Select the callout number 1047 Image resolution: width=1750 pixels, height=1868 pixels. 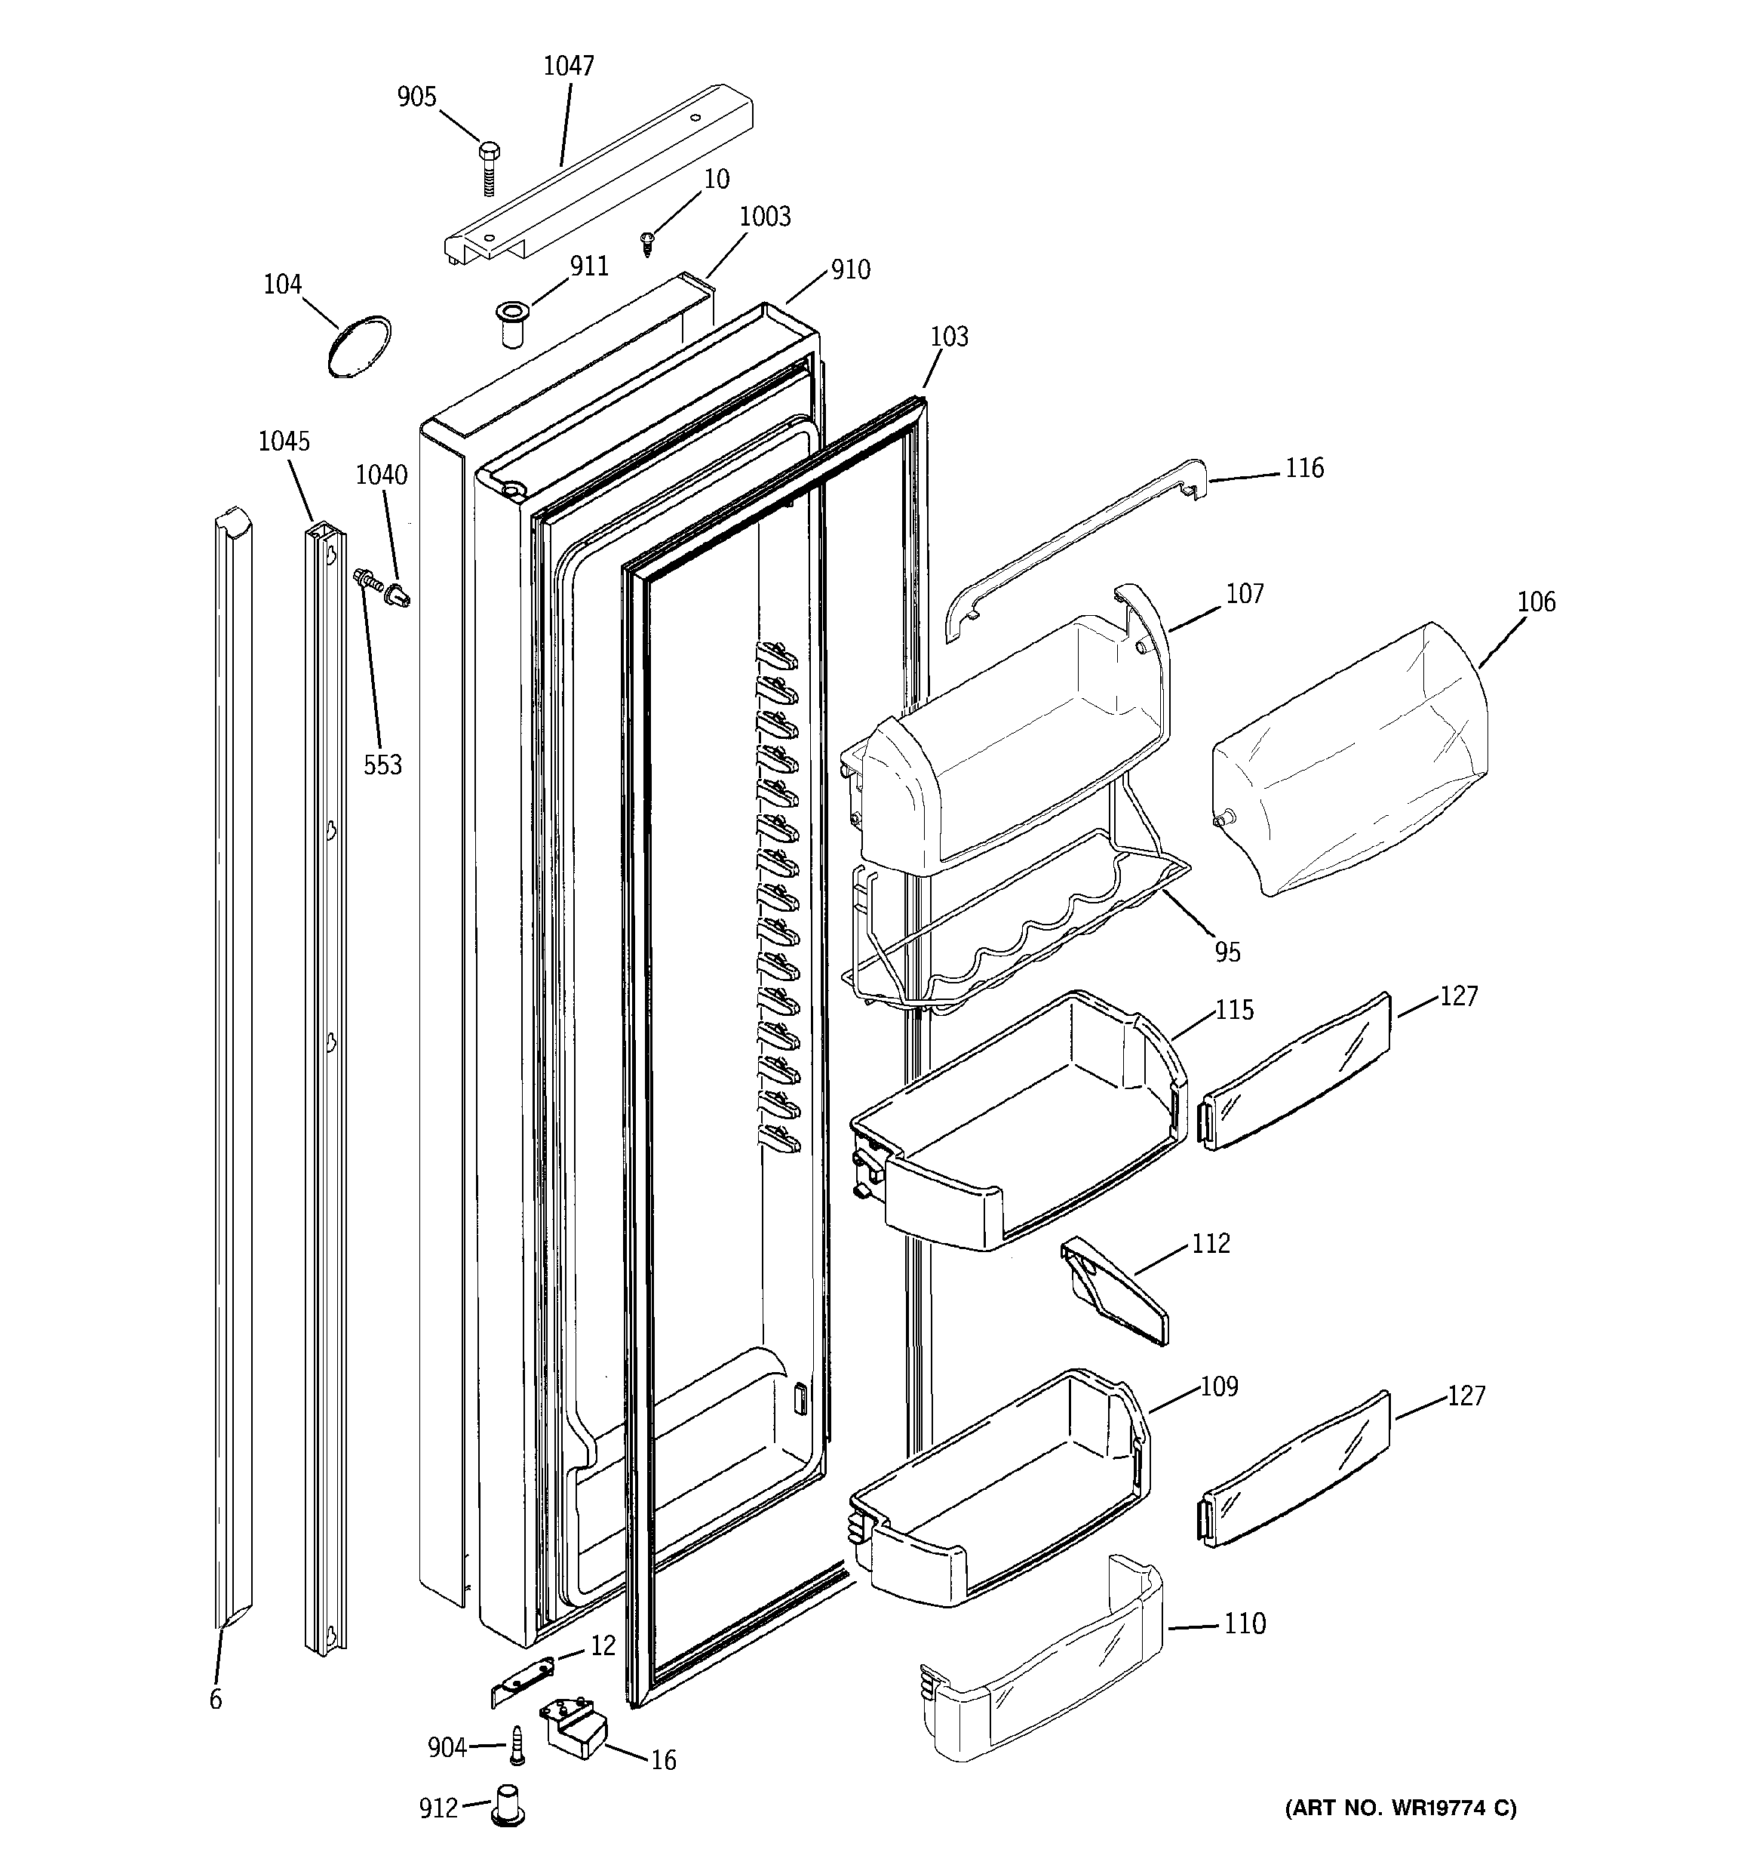(x=568, y=66)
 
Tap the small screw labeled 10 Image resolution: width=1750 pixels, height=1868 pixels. (x=647, y=245)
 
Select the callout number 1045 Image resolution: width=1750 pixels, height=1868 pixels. (x=284, y=442)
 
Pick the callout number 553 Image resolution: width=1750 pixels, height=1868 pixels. (x=382, y=765)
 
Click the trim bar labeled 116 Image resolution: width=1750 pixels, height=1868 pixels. (x=1071, y=549)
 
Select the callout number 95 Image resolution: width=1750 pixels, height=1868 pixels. (x=1227, y=952)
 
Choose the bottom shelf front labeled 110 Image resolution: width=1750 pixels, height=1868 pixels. (x=1042, y=1663)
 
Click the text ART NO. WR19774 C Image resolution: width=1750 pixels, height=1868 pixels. (x=1400, y=1808)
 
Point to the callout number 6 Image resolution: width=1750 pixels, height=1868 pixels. (x=216, y=1699)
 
